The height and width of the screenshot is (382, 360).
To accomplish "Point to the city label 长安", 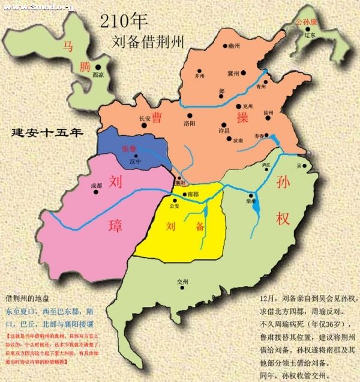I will click(145, 118).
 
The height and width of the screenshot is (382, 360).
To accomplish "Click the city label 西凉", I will click(98, 75).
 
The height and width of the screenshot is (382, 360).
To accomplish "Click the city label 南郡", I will click(193, 195).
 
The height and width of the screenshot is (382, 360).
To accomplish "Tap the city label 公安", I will click(175, 206).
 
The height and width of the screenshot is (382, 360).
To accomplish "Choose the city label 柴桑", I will click(251, 204).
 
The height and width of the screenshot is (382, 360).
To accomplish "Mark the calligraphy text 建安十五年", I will click(47, 132).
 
